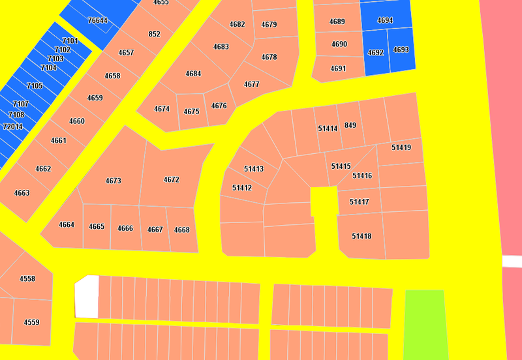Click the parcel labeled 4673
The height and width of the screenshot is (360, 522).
point(113,181)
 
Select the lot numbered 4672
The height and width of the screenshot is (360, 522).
point(172,179)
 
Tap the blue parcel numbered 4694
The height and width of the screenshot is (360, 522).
point(386,20)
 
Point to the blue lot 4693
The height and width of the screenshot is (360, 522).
point(401,50)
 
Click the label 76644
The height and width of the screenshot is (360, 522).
point(97,20)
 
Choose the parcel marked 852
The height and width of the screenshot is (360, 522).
point(155,34)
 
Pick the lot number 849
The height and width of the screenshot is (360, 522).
point(350,125)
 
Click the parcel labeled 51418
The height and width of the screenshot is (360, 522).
point(361,236)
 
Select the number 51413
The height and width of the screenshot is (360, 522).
point(254,169)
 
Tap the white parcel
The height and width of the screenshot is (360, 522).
point(87,297)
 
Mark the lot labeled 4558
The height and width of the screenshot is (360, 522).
point(27,278)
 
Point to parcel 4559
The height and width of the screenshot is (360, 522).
point(31,322)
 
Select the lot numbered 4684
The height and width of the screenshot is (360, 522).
point(193,74)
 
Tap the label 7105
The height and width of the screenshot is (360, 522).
point(35,85)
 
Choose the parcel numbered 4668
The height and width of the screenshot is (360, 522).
point(182,230)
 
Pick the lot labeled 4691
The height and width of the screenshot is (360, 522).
point(338,68)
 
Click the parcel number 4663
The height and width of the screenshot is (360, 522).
point(22,193)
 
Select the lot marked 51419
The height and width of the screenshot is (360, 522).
point(401,147)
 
